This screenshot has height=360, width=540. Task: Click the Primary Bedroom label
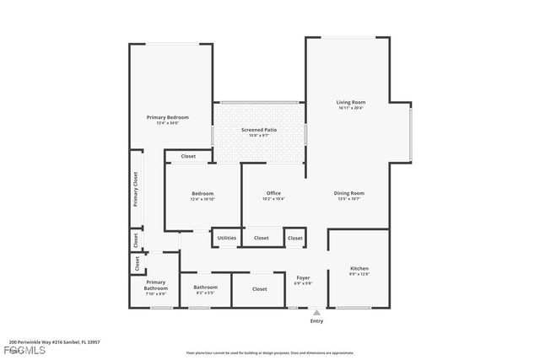click(167, 117)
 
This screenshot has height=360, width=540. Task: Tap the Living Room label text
click(350, 102)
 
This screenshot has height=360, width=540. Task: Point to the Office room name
click(273, 193)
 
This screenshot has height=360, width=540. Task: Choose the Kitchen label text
click(359, 269)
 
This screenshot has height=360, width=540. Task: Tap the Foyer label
click(303, 277)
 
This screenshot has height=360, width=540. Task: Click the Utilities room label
click(227, 239)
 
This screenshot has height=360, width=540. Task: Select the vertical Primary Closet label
click(135, 190)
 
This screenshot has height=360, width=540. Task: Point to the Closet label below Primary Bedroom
click(188, 156)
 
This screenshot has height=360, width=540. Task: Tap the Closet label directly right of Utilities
click(262, 239)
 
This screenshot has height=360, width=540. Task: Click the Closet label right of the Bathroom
click(260, 289)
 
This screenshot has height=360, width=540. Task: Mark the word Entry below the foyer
click(316, 321)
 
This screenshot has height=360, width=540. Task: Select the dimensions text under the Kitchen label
click(359, 275)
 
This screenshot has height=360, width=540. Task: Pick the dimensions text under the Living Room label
click(350, 108)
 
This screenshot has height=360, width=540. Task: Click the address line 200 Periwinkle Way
click(55, 342)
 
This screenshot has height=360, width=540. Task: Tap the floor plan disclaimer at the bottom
click(270, 353)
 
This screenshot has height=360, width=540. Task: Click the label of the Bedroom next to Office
click(202, 193)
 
